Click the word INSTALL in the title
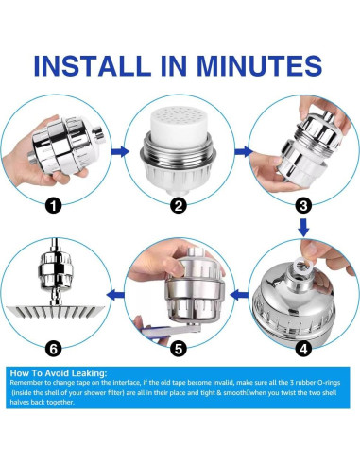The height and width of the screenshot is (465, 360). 92,65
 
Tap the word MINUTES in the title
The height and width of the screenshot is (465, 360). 260,65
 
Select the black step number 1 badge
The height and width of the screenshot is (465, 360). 53,206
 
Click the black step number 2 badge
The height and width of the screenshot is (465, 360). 179,206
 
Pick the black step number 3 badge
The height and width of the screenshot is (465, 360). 303,206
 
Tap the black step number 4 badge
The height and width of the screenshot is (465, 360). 303,349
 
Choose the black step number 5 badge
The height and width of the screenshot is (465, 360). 179,349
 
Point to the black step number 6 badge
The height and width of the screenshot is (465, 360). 53,349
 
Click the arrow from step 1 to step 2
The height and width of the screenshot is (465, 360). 120,151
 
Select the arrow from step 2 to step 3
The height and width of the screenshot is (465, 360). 244,151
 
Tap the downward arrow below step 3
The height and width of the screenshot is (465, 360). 303,228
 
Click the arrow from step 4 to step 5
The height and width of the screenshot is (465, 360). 239,296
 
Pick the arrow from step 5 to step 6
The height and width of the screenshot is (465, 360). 115,296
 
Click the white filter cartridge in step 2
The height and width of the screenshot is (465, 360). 180,126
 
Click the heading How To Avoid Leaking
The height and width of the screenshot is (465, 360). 59,373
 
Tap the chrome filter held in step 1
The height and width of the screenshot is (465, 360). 67,146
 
